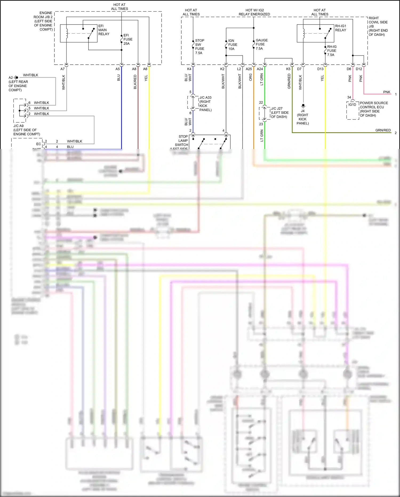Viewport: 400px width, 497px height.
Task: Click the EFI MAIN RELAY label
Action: pyautogui.click(x=103, y=30)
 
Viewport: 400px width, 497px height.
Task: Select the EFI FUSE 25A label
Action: pyautogui.click(x=128, y=39)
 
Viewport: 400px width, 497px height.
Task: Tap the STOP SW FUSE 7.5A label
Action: pyautogui.click(x=199, y=47)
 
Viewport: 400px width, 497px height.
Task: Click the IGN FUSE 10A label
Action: pyautogui.click(x=232, y=45)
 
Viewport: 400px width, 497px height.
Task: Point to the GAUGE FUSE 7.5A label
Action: pyautogui.click(x=261, y=44)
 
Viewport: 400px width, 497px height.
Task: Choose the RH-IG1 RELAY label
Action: pyautogui.click(x=341, y=28)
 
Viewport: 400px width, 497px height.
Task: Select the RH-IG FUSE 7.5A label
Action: pyautogui.click(x=331, y=50)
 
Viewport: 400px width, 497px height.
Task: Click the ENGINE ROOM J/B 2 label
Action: pyautogui.click(x=43, y=21)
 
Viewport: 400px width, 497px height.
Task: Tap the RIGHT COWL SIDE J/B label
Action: pyautogui.click(x=378, y=26)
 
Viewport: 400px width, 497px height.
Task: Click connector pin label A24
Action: pyautogui.click(x=260, y=69)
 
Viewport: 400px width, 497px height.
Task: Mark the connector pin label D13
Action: pyautogui.click(x=320, y=69)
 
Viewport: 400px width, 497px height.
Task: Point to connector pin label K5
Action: pyautogui.click(x=288, y=69)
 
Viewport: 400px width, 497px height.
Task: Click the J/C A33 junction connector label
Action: pyautogui.click(x=205, y=104)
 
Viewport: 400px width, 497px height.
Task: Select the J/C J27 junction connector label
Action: pyautogui.click(x=279, y=112)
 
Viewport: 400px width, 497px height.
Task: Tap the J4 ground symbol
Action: pyautogui.click(x=303, y=105)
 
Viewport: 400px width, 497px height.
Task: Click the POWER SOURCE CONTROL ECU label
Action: pyautogui.click(x=374, y=109)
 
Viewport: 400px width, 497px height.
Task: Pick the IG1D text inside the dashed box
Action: pyautogui.click(x=352, y=105)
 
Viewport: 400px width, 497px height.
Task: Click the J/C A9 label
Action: pyautogui.click(x=26, y=130)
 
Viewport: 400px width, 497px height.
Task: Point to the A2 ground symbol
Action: pyautogui.click(x=16, y=77)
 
